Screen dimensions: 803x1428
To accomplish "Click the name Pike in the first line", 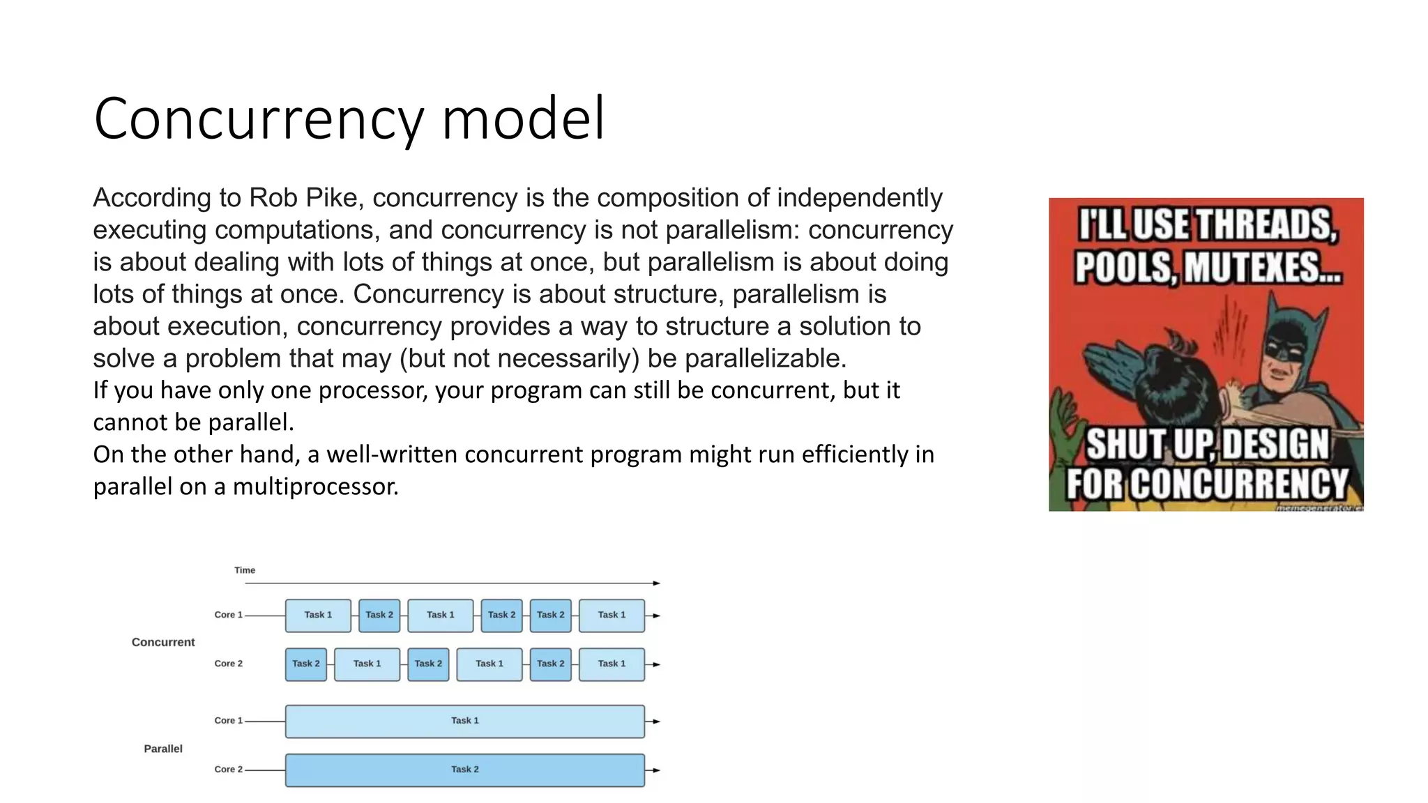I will pyautogui.click(x=333, y=198).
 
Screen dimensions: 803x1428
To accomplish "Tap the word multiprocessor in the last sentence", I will pyautogui.click(x=315, y=486).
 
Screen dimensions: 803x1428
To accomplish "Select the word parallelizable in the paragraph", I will pyautogui.click(x=765, y=358).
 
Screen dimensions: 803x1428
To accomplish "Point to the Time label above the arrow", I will pyautogui.click(x=245, y=570).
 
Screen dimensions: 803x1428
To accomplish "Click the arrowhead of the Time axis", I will pyautogui.click(x=656, y=583).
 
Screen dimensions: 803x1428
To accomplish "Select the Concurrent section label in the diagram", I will pyautogui.click(x=163, y=642).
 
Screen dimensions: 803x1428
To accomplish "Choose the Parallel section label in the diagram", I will pyautogui.click(x=163, y=749).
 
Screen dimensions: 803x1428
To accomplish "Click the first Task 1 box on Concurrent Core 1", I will pyautogui.click(x=318, y=615).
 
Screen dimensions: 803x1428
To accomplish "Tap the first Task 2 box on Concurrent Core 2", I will pyautogui.click(x=305, y=664).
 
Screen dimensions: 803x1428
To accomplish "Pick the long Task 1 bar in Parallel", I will pyautogui.click(x=464, y=721).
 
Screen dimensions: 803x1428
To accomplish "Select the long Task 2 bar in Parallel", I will pyautogui.click(x=464, y=770).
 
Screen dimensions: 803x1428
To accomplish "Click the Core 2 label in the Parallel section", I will pyautogui.click(x=228, y=770).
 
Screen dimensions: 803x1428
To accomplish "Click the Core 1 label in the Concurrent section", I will pyautogui.click(x=228, y=615).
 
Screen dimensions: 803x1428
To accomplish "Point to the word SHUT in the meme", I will pyautogui.click(x=1125, y=445).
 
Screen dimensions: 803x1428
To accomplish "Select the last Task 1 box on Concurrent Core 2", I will pyautogui.click(x=612, y=664).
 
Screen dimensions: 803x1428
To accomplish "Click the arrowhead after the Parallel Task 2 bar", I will pyautogui.click(x=655, y=770).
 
